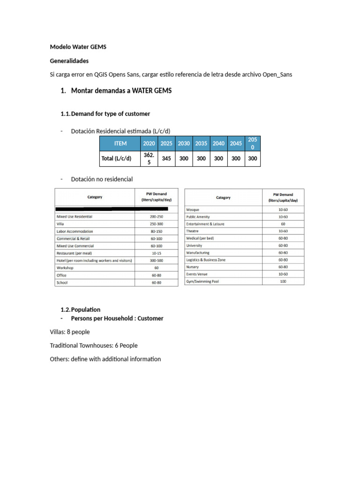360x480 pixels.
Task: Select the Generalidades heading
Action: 69,61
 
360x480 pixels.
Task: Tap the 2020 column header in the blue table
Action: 149,143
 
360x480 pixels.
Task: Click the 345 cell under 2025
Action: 166,158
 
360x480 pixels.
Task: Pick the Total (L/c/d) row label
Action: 116,158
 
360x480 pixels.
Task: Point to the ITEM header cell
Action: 120,143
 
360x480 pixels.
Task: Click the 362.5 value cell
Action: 149,158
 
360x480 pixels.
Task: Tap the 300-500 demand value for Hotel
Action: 156,260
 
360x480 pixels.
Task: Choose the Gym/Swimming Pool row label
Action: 202,281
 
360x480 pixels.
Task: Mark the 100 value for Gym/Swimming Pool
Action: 283,281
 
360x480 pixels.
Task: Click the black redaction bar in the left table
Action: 112,208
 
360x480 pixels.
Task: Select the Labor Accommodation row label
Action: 75,231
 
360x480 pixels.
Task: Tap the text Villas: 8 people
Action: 70,332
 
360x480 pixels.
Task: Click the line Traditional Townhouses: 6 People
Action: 94,345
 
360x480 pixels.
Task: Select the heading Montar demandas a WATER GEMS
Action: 121,90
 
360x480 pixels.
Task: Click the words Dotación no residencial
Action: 102,179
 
